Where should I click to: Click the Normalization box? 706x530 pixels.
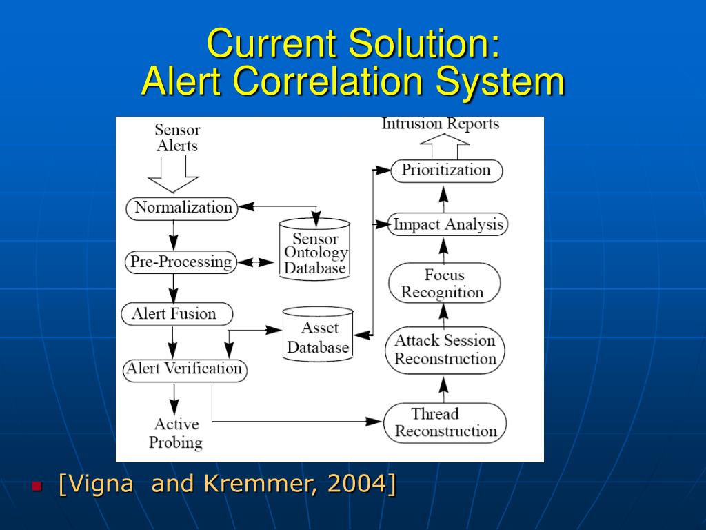(x=182, y=208)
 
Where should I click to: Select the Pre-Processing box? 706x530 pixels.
(x=181, y=262)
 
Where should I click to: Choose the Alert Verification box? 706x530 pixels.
(x=184, y=369)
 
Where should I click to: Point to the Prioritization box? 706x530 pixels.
(x=446, y=170)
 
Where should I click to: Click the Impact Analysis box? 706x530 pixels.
(x=447, y=225)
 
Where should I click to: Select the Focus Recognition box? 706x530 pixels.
(x=443, y=284)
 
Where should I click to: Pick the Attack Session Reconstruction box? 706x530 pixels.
(x=445, y=350)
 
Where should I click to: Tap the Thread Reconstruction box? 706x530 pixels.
(x=445, y=422)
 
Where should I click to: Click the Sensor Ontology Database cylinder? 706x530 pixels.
(x=315, y=250)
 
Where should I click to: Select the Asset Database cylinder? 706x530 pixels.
(x=318, y=335)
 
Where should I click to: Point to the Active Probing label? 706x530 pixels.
(x=176, y=433)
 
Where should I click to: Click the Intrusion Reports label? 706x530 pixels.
(x=441, y=124)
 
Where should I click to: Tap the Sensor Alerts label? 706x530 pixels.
(x=177, y=137)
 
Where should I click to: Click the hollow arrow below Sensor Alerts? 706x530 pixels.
(x=173, y=175)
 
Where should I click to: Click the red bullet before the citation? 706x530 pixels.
(x=37, y=486)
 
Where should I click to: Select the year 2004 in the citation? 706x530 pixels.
(x=356, y=484)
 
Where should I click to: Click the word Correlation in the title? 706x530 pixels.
(x=327, y=82)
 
